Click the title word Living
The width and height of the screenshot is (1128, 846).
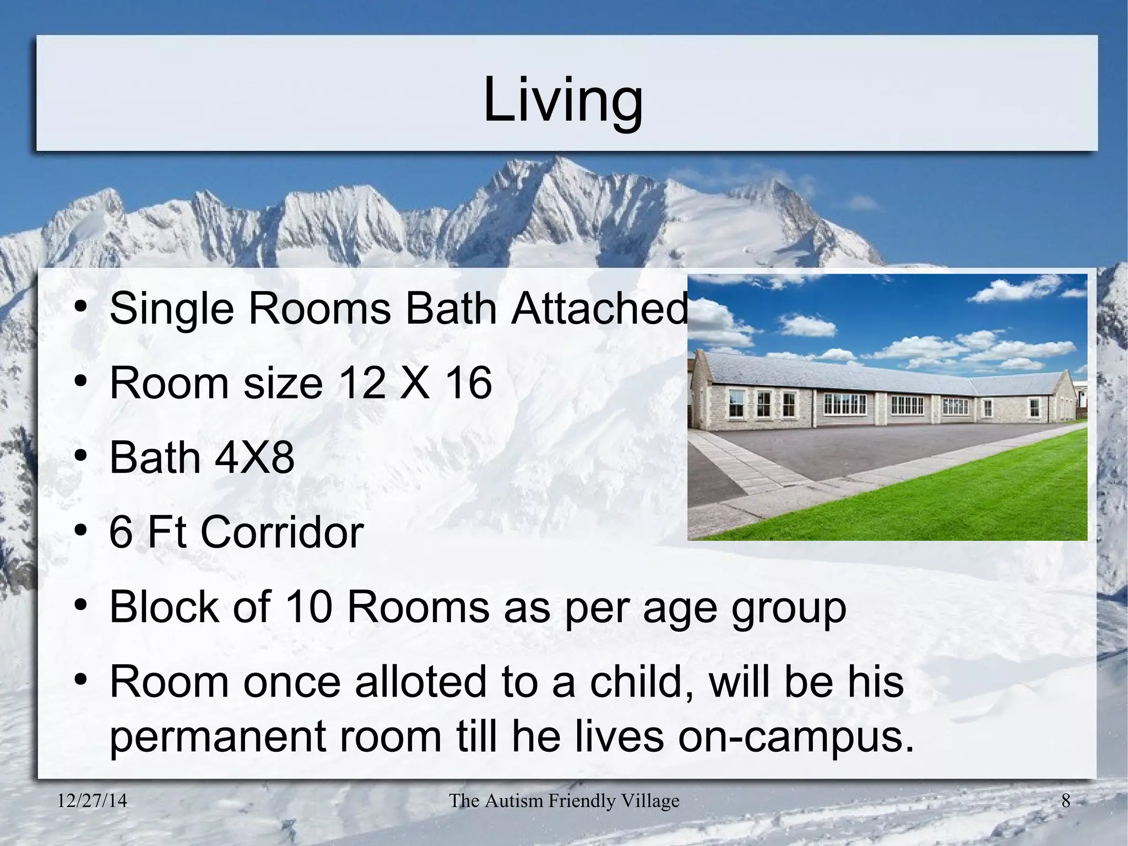tap(562, 100)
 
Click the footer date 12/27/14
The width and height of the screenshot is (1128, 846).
tap(93, 801)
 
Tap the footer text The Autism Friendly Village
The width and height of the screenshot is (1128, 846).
tap(564, 801)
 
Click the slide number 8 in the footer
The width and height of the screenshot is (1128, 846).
tap(1066, 801)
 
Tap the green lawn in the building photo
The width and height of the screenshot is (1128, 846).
tap(947, 496)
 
